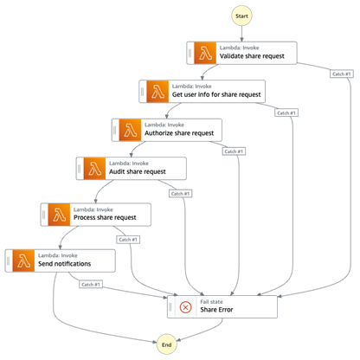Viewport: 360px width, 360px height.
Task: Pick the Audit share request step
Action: pyautogui.click(x=131, y=168)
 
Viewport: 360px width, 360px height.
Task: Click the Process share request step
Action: pyautogui.click(x=95, y=213)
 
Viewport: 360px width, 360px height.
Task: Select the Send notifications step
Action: pyautogui.click(x=60, y=260)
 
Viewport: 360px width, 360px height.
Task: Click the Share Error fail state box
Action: pyautogui.click(x=222, y=305)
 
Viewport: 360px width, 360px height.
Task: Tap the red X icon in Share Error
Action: pyautogui.click(x=185, y=305)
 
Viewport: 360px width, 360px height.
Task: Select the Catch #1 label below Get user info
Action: pyautogui.click(x=286, y=112)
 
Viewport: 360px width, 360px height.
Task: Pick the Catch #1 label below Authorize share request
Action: pyautogui.click(x=234, y=151)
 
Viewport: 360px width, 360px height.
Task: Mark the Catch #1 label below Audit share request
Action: pyautogui.click(x=181, y=192)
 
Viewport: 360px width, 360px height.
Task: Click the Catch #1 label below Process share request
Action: pyautogui.click(x=128, y=239)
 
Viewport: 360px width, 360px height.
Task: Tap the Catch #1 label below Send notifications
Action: pyautogui.click(x=91, y=284)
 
